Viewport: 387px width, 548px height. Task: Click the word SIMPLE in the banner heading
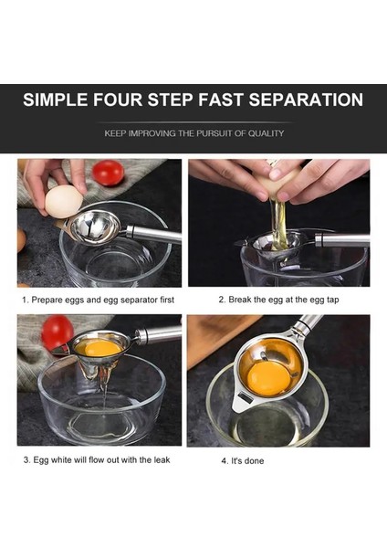[55, 100]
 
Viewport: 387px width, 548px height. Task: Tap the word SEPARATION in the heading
[306, 100]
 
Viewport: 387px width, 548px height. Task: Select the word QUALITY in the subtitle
[267, 133]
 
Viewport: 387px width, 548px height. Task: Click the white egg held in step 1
[64, 202]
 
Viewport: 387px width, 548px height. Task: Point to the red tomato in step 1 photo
[109, 173]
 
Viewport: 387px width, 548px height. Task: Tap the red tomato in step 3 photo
[58, 332]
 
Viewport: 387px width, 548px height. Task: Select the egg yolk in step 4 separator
[268, 379]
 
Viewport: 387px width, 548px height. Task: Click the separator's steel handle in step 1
[153, 234]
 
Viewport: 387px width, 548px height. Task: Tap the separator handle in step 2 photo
[342, 240]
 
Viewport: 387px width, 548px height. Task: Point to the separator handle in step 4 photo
[308, 324]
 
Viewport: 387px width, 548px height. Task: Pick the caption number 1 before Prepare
[25, 300]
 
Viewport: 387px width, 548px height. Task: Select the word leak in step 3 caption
[162, 459]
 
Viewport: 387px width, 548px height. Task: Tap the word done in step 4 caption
[255, 461]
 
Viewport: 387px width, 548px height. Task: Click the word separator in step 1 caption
[141, 300]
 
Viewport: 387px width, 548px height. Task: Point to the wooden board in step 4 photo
[216, 335]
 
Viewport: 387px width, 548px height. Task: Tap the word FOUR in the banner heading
[118, 100]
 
